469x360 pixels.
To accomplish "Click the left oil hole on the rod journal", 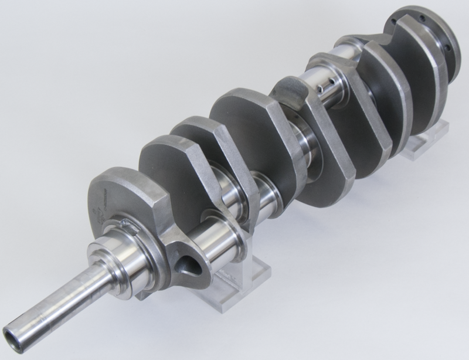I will coord(320,89).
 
